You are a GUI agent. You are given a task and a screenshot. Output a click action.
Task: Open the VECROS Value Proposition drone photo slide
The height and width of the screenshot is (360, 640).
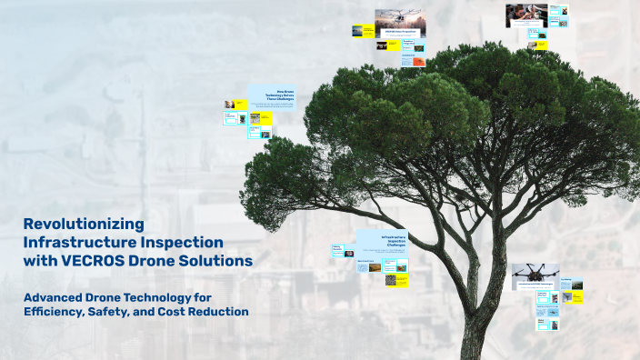400,20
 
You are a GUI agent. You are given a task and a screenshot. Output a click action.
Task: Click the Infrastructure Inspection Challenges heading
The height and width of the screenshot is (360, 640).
380,243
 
